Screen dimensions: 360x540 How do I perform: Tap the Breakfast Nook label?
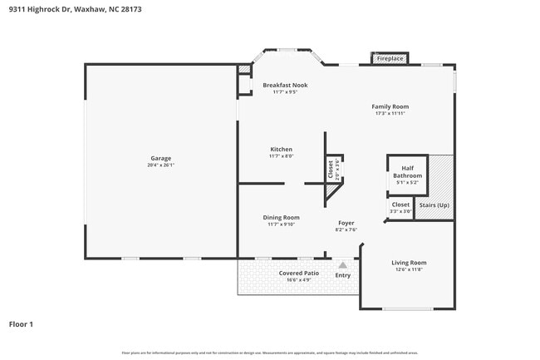tap(284, 86)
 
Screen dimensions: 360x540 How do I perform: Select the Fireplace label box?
tap(390, 59)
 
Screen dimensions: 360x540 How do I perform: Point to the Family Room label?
tap(390, 106)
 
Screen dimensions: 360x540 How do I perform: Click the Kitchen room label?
tap(280, 150)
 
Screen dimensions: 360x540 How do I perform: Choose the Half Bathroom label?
tap(407, 172)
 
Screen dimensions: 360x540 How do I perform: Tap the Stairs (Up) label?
tap(433, 205)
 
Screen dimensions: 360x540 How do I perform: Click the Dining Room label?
tap(282, 217)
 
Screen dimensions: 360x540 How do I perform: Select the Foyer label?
tap(346, 224)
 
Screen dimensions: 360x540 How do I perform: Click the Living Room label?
tap(408, 263)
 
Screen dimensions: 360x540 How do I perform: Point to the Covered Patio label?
tap(298, 273)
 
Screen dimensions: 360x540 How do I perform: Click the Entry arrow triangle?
tap(342, 265)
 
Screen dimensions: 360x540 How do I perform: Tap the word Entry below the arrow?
tap(342, 275)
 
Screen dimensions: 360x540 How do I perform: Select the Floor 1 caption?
tap(21, 323)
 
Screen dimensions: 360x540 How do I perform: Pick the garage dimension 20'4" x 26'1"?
tap(160, 165)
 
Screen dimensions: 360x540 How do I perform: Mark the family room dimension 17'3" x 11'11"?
tap(390, 113)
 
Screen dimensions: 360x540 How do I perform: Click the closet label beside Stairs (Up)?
tap(400, 205)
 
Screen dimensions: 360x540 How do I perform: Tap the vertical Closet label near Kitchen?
tap(331, 170)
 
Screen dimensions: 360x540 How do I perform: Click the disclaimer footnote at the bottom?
tap(270, 353)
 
